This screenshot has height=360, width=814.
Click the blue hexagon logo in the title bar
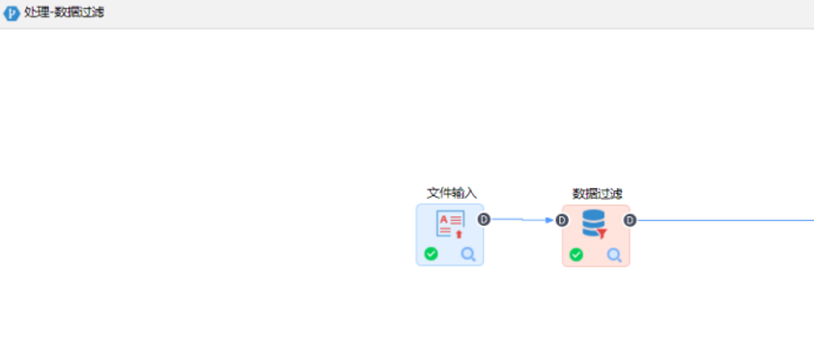(12, 13)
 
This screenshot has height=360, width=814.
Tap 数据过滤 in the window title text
(82, 13)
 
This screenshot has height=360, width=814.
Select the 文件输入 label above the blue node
(451, 193)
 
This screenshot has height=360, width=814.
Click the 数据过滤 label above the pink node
(597, 193)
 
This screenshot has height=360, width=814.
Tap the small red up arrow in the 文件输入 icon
(459, 234)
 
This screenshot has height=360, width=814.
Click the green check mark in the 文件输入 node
(431, 254)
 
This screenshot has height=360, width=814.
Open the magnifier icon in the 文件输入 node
(468, 254)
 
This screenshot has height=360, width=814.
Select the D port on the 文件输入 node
(484, 219)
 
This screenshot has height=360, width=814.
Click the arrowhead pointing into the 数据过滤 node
(549, 220)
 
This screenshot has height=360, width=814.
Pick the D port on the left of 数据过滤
(562, 220)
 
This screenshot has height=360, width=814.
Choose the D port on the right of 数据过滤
(630, 220)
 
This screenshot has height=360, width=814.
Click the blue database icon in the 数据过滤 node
(593, 222)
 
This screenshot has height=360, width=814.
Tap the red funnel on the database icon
(602, 233)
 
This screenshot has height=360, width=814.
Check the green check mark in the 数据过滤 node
(576, 255)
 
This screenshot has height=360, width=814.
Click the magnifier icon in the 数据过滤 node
(614, 255)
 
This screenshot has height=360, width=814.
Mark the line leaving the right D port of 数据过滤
(724, 220)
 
